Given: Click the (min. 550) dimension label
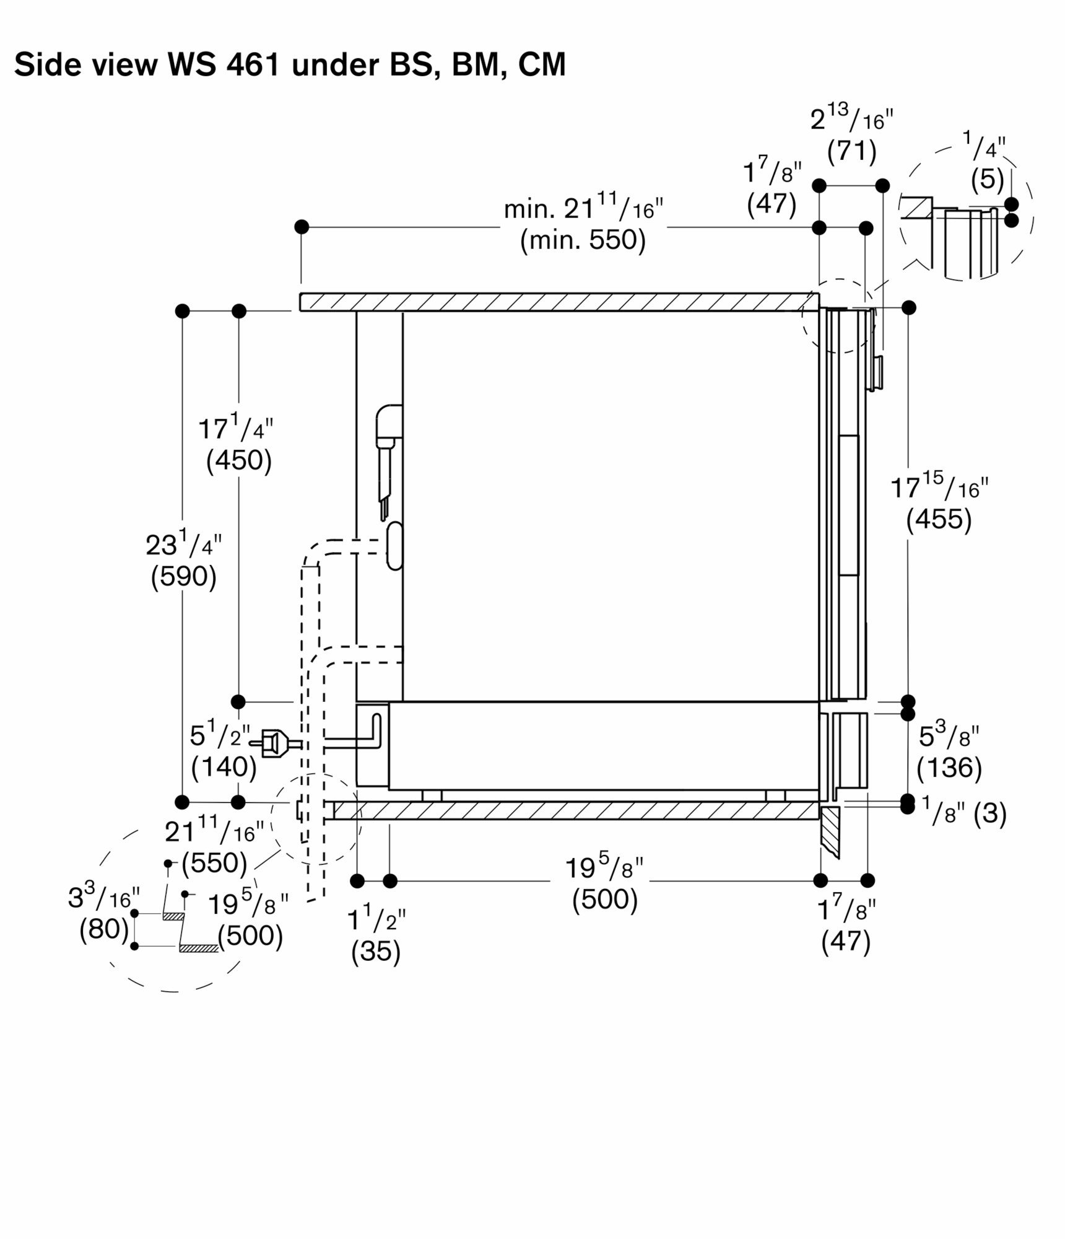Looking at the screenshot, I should coord(583,240).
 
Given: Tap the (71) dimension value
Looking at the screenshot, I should coord(851,151).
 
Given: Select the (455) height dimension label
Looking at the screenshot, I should coord(939,519).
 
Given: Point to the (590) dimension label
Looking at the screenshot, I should coord(183,577).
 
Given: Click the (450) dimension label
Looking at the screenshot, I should coord(239,460).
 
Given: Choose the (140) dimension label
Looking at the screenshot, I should coord(224,767).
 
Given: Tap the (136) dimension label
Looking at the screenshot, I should coord(949,768).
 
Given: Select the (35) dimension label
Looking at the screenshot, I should coord(376,951).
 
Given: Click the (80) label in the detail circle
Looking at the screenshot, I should coord(104,929).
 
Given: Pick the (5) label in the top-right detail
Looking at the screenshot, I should coord(987,180).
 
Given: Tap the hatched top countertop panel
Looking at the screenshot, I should coord(557,302).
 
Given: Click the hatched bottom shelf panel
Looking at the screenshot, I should coord(576,810).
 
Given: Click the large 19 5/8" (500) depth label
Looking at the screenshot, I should coord(604,884).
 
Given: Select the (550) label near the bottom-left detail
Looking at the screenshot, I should coord(214,862).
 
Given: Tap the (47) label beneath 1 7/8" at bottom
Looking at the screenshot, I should coord(846,942).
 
